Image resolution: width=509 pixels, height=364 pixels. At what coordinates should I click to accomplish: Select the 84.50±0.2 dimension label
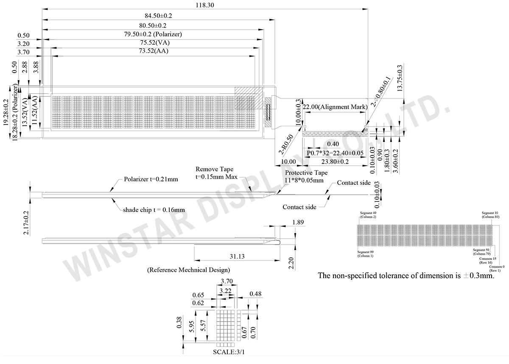pos(158,16)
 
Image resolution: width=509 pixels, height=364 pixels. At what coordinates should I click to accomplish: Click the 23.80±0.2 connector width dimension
pos(335,161)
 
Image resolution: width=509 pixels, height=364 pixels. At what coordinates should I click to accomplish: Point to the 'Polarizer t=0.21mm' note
pos(151,179)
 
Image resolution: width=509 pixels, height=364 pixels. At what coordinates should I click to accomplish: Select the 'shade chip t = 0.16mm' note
pos(154,210)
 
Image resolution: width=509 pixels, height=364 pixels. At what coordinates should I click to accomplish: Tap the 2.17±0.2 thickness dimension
pos(26,223)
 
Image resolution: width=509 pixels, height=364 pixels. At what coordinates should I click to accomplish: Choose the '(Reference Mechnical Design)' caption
pos(188,270)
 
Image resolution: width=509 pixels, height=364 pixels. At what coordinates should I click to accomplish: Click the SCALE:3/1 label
pos(229,352)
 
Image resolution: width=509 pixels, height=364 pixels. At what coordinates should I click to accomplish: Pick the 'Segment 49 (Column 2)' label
pos(368,214)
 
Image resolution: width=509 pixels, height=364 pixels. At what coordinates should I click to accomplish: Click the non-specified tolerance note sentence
pos(406,276)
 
